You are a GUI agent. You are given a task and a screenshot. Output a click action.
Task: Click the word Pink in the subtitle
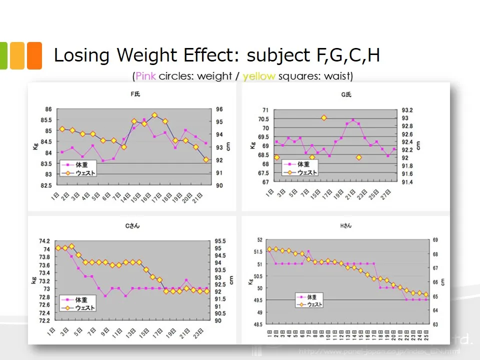tap(145, 76)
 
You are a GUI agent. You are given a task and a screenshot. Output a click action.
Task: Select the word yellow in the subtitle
tap(258, 76)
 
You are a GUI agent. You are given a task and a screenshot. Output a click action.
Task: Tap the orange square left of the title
tap(34, 55)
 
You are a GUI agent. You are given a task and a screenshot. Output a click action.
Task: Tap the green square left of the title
tap(3, 55)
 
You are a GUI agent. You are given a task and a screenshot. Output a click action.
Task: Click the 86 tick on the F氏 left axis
tap(48, 109)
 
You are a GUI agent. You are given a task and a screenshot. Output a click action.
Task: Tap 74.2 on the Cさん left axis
tap(44, 241)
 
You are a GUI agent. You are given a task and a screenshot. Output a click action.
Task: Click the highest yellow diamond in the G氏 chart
tap(324, 118)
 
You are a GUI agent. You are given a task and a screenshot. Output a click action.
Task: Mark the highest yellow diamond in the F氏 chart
tap(154, 115)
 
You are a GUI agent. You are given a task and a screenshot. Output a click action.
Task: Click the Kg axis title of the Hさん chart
tap(250, 282)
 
